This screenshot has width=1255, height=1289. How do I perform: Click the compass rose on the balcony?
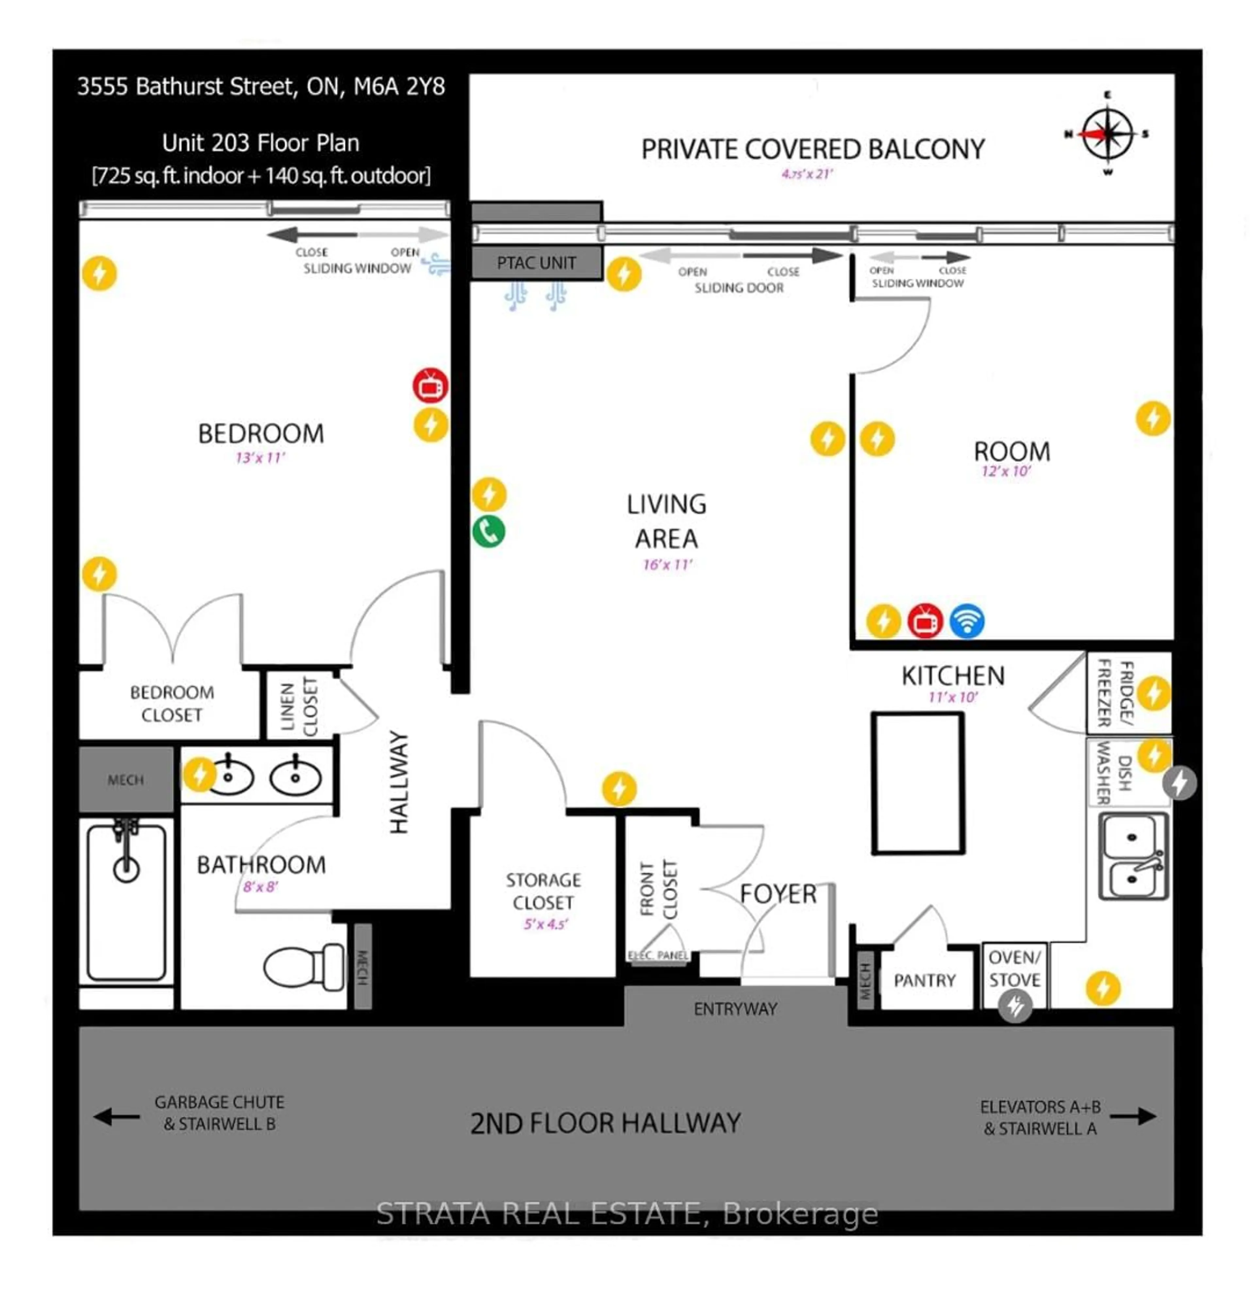coord(1108,134)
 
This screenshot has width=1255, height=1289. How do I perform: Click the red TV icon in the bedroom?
coord(430,386)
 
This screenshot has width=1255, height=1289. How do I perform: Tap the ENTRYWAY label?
coord(735,1009)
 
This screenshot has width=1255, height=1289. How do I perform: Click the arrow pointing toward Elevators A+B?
coord(1133,1116)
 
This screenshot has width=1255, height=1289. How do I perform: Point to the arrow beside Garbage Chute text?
coord(117,1116)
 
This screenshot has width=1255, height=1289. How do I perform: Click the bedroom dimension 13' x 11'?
coord(260,458)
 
